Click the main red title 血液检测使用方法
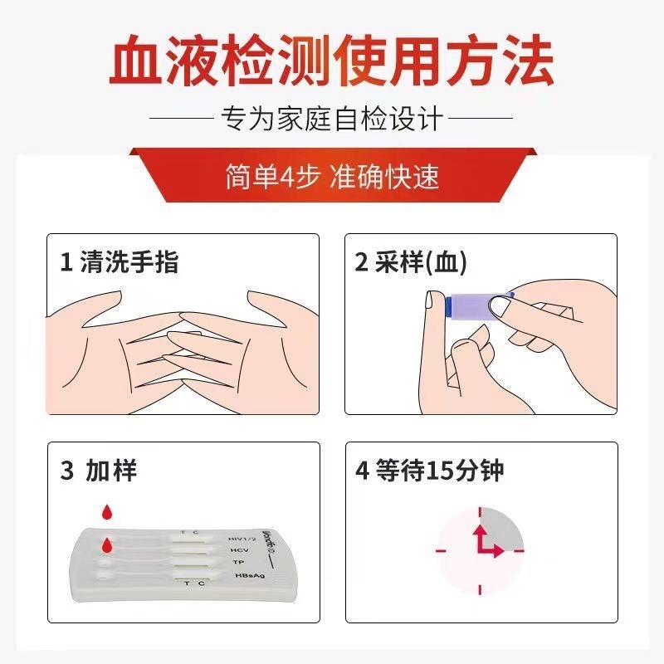coord(331,60)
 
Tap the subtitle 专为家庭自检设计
coord(331,118)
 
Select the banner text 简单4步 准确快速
coord(332,176)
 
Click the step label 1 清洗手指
coord(120,261)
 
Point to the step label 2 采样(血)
coord(411,261)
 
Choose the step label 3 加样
coord(99,470)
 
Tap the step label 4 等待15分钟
coord(430,470)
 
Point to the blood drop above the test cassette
coord(108,511)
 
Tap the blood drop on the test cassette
coord(108,545)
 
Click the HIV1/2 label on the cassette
coord(242,539)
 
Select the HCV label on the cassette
coord(239,550)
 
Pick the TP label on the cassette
coord(238,563)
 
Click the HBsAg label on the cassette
coord(250,575)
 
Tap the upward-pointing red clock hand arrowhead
coord(480,531)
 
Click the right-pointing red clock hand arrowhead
coord(499,551)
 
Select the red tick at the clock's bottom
coord(480,589)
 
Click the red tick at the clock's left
coord(441,551)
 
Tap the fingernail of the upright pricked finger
coord(431,300)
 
